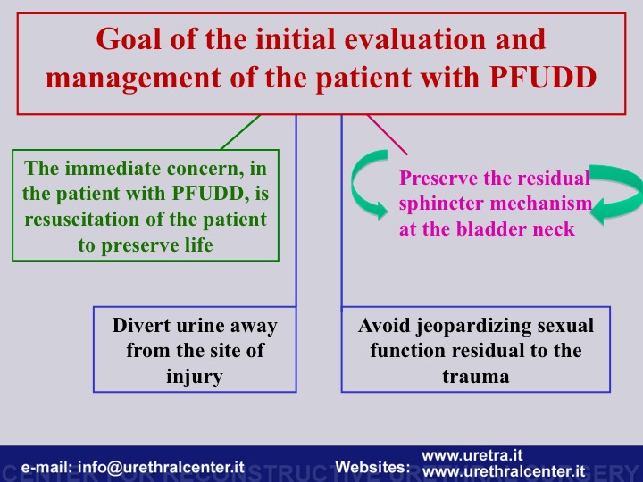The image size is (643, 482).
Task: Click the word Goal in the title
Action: click(x=129, y=40)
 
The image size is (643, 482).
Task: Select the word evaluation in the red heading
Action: click(x=416, y=39)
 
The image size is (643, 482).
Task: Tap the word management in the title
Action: click(x=133, y=79)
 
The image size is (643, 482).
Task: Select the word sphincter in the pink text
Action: click(x=441, y=204)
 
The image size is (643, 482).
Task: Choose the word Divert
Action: click(x=141, y=326)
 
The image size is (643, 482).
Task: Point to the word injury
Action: click(x=195, y=377)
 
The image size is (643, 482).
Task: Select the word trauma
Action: click(x=476, y=377)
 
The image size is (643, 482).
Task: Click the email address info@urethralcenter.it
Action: click(x=161, y=467)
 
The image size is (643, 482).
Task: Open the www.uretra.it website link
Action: click(x=472, y=455)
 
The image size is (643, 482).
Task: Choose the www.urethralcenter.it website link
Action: click(x=504, y=471)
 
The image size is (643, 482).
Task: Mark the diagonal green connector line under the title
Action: click(x=241, y=132)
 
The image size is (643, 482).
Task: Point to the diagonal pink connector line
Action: click(x=387, y=135)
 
